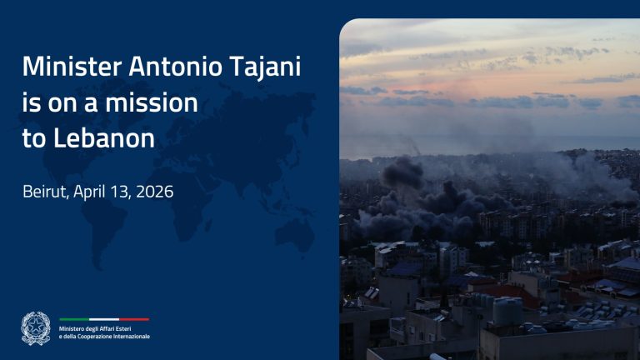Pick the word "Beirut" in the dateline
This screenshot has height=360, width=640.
pos(45,192)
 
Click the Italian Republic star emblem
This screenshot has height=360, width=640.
pos(36,327)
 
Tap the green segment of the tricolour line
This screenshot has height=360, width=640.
pos(73,319)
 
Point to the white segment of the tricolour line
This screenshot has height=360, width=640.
pos(104,319)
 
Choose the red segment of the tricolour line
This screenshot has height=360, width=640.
pos(134,319)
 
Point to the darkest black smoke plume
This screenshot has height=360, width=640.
pos(402,172)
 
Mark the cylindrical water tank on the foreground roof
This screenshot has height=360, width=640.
pos(507,311)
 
